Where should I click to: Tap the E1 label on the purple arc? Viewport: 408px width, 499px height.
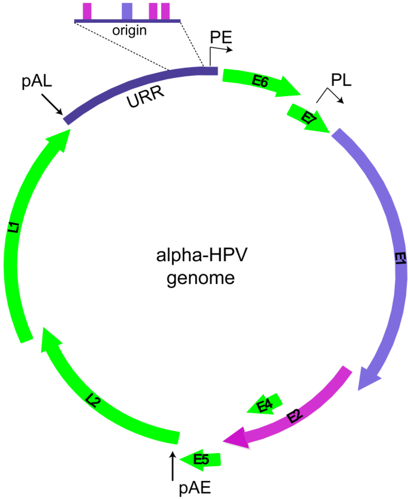click(400, 259)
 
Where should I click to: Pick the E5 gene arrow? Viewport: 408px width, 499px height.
click(201, 460)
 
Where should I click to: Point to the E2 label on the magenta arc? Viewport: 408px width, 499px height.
click(294, 416)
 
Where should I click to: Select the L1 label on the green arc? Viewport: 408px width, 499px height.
click(14, 228)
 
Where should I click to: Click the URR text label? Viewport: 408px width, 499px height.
click(145, 97)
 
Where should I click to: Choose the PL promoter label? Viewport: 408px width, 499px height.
click(341, 81)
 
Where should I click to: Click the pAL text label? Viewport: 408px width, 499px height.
click(37, 81)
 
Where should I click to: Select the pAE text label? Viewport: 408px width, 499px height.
click(194, 488)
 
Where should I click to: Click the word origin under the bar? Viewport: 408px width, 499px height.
click(129, 31)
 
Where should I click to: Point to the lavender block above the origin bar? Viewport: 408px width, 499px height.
click(127, 11)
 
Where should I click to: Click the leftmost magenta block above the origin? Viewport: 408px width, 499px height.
click(87, 11)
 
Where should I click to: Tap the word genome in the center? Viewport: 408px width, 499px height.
click(201, 278)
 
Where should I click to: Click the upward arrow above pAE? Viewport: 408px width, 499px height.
click(173, 465)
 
